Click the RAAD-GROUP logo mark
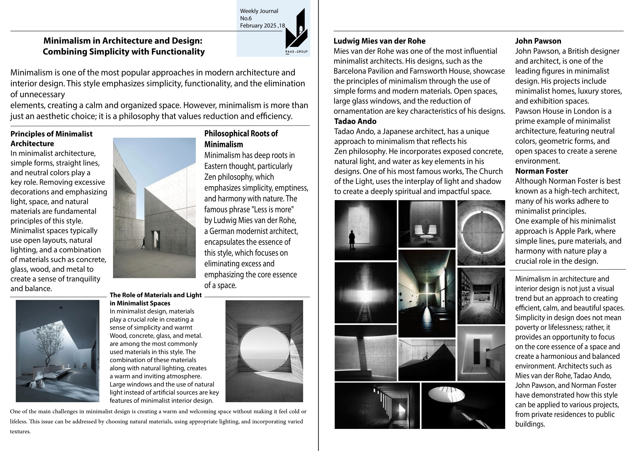coord(296,31)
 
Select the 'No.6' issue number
coord(246,18)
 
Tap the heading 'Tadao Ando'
coord(355,121)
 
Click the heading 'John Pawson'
coord(538,41)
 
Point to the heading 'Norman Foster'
coord(541,171)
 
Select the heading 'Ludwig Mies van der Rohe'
coord(379,41)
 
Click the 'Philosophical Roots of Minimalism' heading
coord(241,139)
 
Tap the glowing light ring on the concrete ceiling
coord(481,233)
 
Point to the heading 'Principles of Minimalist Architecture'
coord(51,139)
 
